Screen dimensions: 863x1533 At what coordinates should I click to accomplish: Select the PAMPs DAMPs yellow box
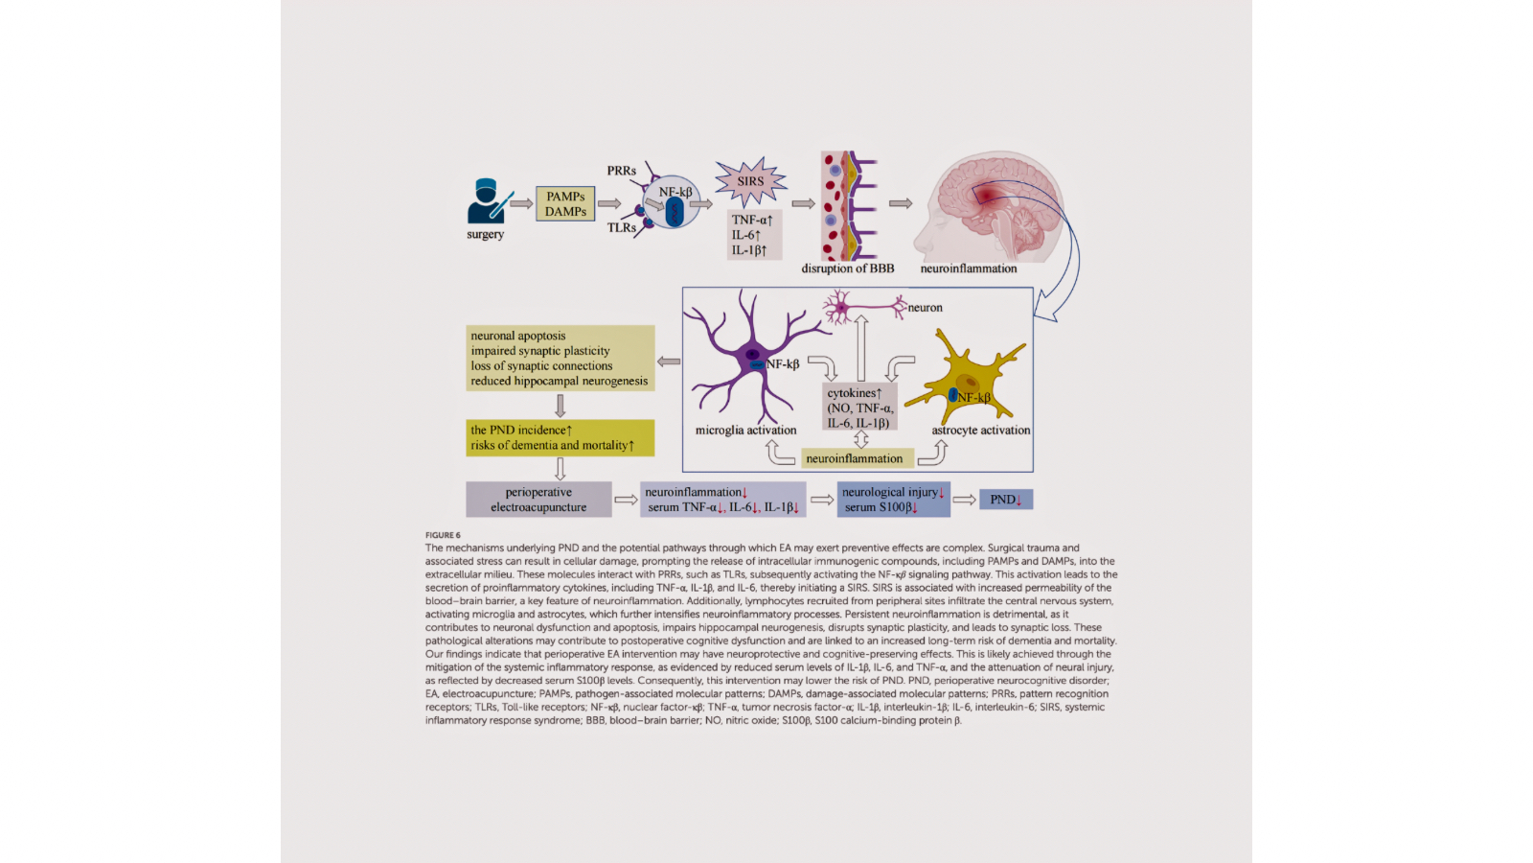click(565, 204)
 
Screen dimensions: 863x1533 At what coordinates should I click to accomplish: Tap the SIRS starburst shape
click(750, 181)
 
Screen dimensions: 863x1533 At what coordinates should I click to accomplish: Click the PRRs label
click(621, 171)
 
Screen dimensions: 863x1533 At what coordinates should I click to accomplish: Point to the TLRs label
click(621, 227)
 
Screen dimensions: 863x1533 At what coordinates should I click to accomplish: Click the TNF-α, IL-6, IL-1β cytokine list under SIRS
click(753, 235)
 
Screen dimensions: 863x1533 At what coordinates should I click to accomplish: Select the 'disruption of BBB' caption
click(847, 268)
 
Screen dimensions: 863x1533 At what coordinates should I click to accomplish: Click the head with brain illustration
click(987, 206)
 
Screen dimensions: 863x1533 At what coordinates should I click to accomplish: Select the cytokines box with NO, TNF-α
click(859, 408)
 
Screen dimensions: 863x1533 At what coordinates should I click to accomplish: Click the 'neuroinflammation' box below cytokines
click(855, 458)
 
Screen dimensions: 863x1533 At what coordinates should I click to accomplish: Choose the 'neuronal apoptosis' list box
click(560, 358)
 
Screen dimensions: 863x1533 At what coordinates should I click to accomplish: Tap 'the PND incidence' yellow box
click(560, 437)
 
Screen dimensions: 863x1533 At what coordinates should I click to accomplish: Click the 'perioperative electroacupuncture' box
click(538, 500)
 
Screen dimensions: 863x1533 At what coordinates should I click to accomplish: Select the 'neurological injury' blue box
click(893, 500)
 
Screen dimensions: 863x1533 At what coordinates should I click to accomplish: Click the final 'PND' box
click(1005, 500)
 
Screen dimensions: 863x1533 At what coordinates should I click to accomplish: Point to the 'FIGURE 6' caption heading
click(443, 535)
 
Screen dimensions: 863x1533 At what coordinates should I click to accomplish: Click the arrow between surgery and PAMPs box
click(521, 203)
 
